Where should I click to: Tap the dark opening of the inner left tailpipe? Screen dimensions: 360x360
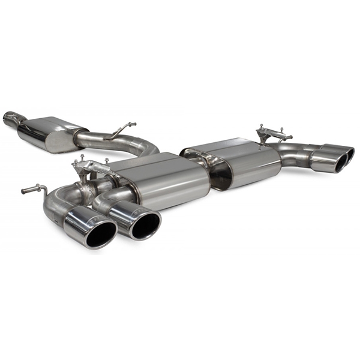(145, 225)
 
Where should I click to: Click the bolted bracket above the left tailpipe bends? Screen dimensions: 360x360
(90, 169)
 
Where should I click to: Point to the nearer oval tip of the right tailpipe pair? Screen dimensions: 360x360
(328, 161)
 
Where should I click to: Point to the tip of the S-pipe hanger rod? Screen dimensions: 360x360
(134, 124)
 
